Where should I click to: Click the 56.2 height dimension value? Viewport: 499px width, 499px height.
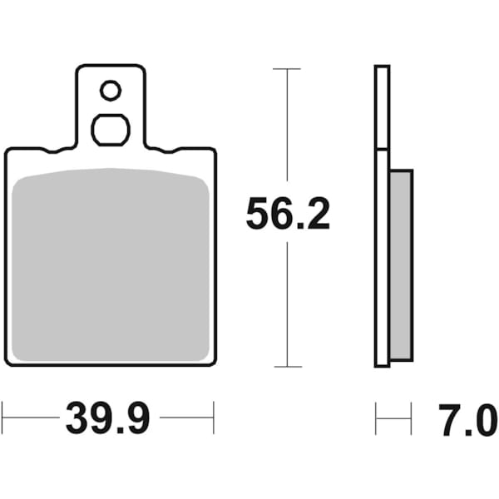288,215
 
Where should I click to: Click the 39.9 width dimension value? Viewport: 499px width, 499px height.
107,417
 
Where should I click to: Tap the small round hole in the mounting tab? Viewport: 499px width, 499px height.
110,89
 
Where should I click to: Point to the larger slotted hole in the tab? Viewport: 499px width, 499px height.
110,129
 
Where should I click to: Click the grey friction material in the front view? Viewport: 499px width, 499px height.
111,266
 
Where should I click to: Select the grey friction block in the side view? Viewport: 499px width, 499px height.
400,264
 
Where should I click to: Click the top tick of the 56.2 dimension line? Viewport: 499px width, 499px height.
287,68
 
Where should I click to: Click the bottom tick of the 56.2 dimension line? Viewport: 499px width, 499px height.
287,366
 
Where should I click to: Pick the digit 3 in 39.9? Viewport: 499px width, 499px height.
78,417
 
